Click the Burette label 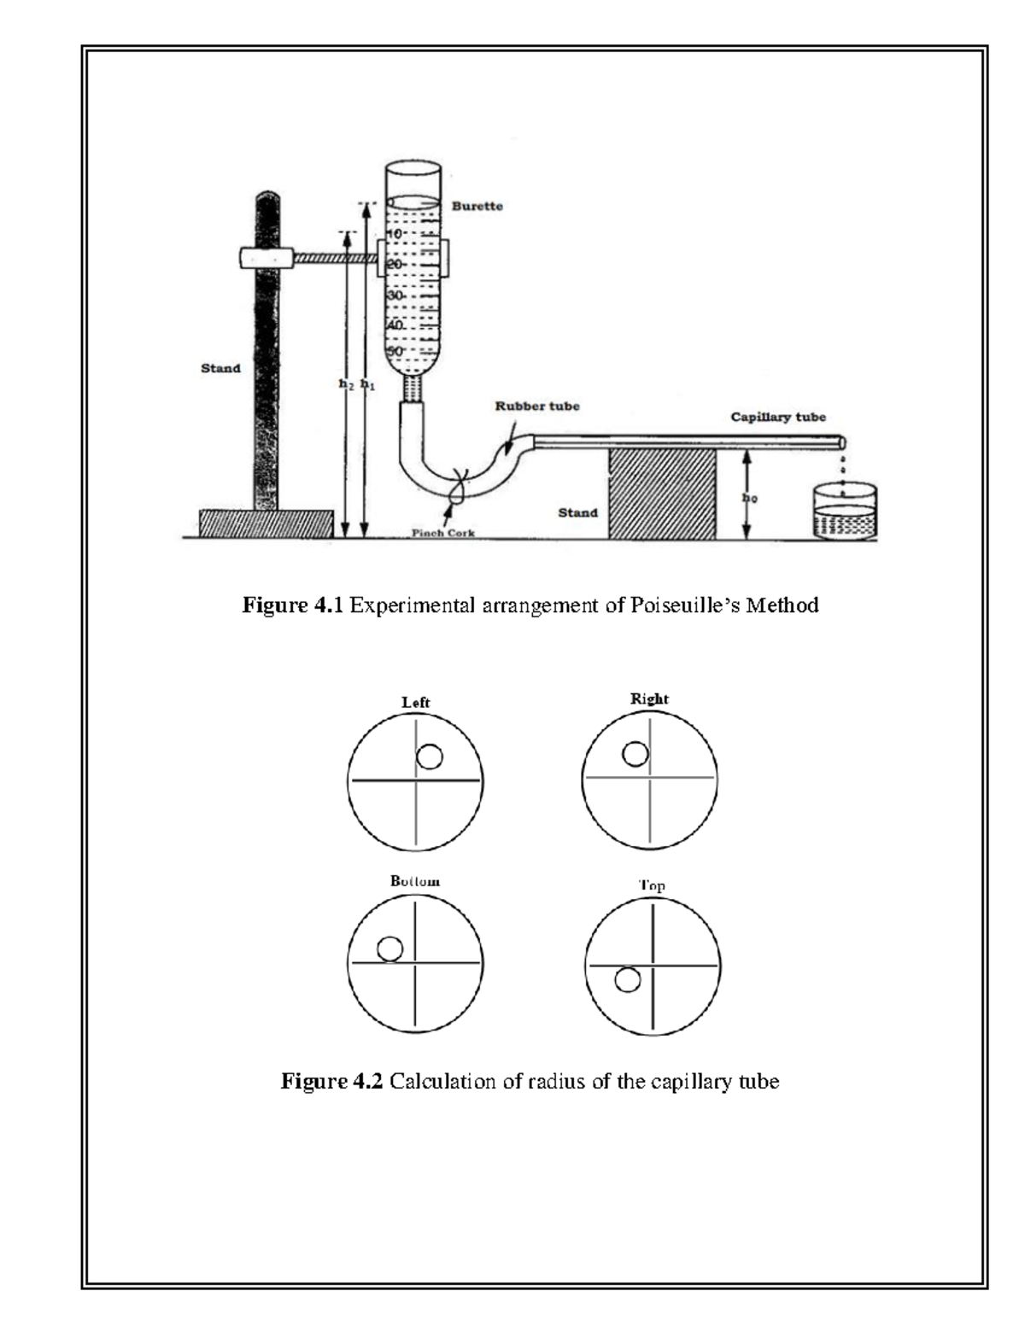click(x=477, y=207)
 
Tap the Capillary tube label click(x=777, y=418)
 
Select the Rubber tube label click(x=537, y=406)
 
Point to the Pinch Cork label click(x=443, y=533)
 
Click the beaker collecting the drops click(x=845, y=512)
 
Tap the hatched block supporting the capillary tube click(x=661, y=495)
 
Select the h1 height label click(x=367, y=385)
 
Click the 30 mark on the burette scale click(x=396, y=295)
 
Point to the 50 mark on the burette click(x=396, y=351)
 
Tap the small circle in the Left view click(x=429, y=756)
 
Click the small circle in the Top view click(x=627, y=981)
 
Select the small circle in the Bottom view click(x=389, y=949)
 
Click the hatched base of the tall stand click(x=266, y=523)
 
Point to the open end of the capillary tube click(x=842, y=442)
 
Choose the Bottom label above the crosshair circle click(x=415, y=881)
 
